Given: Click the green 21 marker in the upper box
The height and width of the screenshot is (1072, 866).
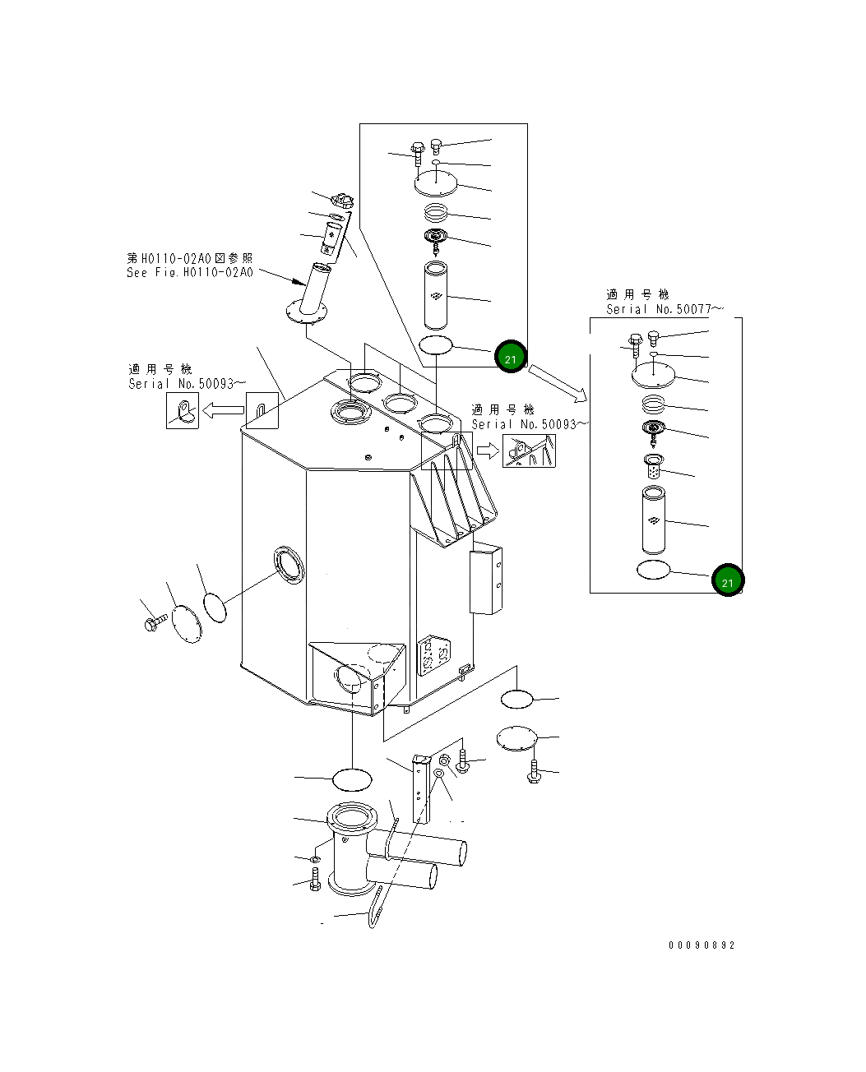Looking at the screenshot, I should click(x=510, y=358).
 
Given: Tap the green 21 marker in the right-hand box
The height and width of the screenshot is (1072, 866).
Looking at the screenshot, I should click(x=728, y=581).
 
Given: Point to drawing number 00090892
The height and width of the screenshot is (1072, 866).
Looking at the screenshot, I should click(x=702, y=945).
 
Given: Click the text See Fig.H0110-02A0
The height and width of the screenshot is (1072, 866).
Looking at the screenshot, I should click(x=190, y=272).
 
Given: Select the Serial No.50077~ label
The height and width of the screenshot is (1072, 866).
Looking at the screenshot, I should click(x=665, y=309).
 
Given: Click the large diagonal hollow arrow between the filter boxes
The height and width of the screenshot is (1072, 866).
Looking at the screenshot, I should click(x=558, y=384).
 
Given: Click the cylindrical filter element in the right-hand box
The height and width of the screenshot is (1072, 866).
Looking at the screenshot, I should click(x=653, y=520).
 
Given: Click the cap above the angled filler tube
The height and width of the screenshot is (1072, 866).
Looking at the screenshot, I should click(x=340, y=201).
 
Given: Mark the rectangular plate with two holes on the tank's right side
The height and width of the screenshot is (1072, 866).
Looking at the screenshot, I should click(x=485, y=581).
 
